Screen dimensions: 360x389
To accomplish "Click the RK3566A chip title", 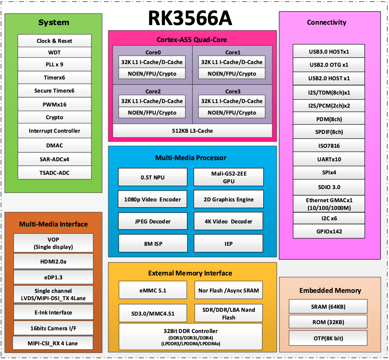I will (190, 18).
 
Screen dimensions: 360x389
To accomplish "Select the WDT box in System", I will (54, 52).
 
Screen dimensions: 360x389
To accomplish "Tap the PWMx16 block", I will (54, 104).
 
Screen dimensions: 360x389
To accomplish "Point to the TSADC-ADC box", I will (54, 172).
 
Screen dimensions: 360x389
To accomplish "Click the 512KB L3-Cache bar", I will (192, 131).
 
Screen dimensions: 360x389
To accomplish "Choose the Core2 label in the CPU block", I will (153, 91).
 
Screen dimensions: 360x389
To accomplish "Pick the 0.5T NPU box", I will (152, 177).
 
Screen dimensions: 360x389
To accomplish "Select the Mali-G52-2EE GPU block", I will (229, 177).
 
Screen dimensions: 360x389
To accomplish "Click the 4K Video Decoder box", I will (229, 221).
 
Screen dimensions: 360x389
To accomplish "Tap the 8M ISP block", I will (152, 244).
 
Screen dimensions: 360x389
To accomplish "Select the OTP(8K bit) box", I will (328, 338).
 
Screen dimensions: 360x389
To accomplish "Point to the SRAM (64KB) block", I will (328, 306).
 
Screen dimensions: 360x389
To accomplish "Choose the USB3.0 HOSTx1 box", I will (329, 51).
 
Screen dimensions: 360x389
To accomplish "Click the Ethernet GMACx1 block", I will (329, 204).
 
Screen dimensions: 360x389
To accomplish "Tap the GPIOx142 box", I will (329, 232).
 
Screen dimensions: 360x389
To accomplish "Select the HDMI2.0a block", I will (53, 261).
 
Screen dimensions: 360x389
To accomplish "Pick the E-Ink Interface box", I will (53, 313).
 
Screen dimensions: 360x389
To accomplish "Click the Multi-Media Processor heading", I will (190, 157).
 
